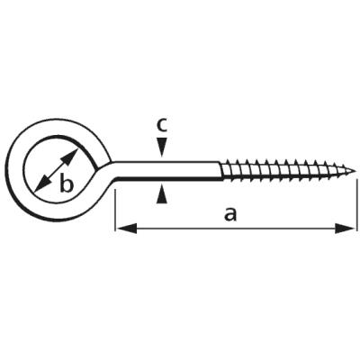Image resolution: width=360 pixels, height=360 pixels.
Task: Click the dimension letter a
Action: [230, 215]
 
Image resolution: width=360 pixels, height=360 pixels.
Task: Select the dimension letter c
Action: [162, 125]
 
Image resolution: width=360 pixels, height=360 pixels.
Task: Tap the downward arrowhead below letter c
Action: [162, 148]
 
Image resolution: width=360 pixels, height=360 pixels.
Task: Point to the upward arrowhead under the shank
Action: [162, 194]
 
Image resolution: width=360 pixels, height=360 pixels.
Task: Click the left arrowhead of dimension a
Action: [127, 229]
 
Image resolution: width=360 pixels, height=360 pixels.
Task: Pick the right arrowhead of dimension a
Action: [345, 229]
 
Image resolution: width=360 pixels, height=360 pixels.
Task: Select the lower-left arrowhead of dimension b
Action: [42, 184]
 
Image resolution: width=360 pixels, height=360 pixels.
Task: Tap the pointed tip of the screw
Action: [355, 172]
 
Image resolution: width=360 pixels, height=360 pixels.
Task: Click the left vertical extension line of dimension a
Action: [115, 210]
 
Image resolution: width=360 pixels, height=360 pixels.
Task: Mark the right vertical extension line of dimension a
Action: [357, 205]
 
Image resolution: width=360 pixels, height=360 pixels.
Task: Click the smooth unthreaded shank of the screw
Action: [166, 171]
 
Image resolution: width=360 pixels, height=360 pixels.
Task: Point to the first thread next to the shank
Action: [227, 170]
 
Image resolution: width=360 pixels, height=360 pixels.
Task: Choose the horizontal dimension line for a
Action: [236, 229]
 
